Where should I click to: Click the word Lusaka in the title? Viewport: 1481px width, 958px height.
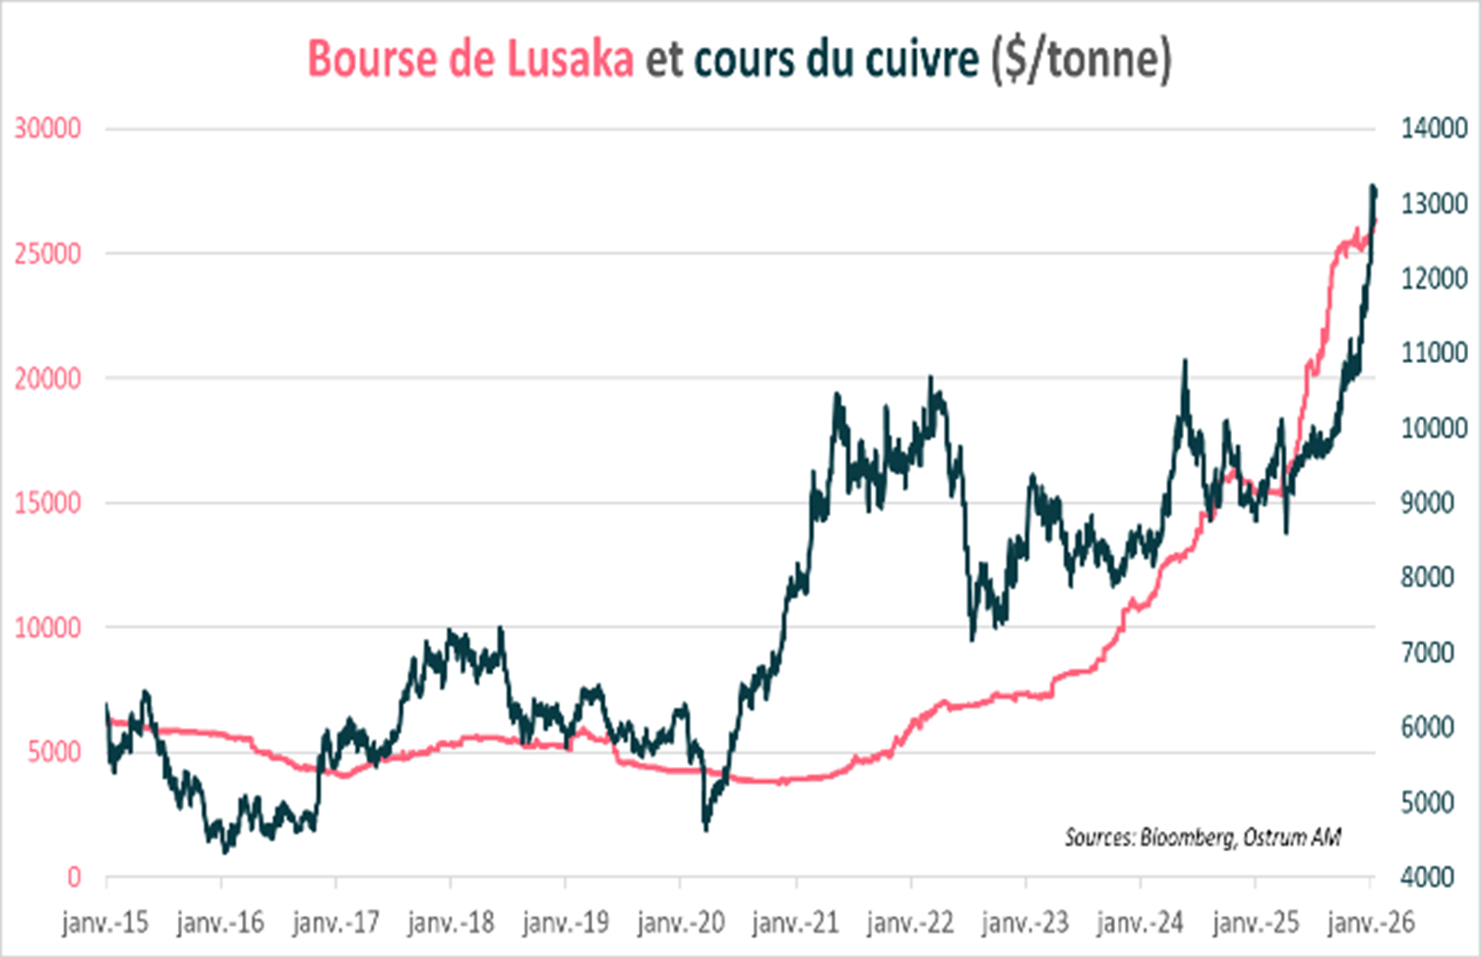570,59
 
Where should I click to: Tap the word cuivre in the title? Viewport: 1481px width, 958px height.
921,59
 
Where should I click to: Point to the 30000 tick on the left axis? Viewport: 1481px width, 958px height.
47,129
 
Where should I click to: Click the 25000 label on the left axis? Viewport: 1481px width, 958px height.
47,254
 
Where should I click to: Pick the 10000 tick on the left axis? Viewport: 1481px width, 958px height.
47,628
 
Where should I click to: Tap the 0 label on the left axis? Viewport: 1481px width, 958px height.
74,876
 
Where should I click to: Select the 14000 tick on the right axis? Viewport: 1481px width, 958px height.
1434,129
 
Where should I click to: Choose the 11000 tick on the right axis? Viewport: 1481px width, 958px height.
1434,353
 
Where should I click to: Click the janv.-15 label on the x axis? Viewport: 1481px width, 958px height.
105,923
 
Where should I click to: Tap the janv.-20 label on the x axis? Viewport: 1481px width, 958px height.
680,923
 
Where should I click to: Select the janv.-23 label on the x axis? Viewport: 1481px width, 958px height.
1025,923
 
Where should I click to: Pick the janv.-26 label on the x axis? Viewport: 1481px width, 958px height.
1371,923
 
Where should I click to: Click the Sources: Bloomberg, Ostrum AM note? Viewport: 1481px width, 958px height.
1202,837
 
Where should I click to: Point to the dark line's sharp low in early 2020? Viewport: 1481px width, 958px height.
706,828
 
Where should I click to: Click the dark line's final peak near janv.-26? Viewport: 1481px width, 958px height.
1373,186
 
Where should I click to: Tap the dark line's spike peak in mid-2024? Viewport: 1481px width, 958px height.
1185,361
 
